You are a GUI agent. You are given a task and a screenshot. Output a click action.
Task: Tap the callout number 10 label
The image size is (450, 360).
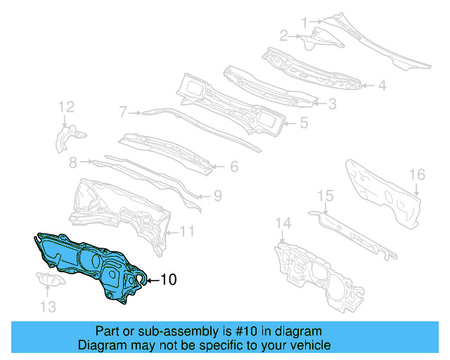pyautogui.click(x=169, y=280)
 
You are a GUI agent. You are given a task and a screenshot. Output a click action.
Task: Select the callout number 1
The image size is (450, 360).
pyautogui.click(x=304, y=22)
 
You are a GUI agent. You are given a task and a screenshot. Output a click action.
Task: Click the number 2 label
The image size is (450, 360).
pyautogui.click(x=283, y=35)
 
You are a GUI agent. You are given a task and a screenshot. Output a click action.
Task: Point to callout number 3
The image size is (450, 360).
pyautogui.click(x=331, y=104)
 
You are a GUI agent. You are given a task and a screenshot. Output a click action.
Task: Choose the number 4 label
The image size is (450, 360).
pyautogui.click(x=382, y=86)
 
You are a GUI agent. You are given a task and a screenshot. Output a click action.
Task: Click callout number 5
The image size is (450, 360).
pyautogui.click(x=303, y=123)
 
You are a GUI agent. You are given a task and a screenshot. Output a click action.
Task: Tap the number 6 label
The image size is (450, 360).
pyautogui.click(x=233, y=167)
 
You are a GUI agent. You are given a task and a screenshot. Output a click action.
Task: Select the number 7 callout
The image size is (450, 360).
pyautogui.click(x=122, y=112)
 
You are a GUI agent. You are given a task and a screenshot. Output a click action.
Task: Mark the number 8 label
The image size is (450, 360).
pyautogui.click(x=72, y=162)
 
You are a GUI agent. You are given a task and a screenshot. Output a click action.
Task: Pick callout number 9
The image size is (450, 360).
pyautogui.click(x=217, y=196)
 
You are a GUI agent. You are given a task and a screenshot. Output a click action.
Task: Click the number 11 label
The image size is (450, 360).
pyautogui.click(x=187, y=231)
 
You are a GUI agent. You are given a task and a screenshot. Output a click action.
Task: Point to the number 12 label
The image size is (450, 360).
pyautogui.click(x=66, y=107)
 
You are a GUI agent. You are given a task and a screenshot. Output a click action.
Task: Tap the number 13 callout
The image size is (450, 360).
pyautogui.click(x=46, y=306)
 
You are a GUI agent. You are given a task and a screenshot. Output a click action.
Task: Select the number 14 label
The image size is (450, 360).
pyautogui.click(x=282, y=224)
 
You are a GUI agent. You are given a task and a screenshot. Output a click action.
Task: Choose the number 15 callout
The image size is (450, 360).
pyautogui.click(x=325, y=195)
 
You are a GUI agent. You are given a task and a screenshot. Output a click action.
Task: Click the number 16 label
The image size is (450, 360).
pyautogui.click(x=417, y=174)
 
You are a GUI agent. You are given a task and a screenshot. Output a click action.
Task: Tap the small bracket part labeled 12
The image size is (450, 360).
pyautogui.click(x=68, y=136)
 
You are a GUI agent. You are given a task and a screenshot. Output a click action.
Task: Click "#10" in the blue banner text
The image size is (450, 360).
pyautogui.click(x=236, y=331)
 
